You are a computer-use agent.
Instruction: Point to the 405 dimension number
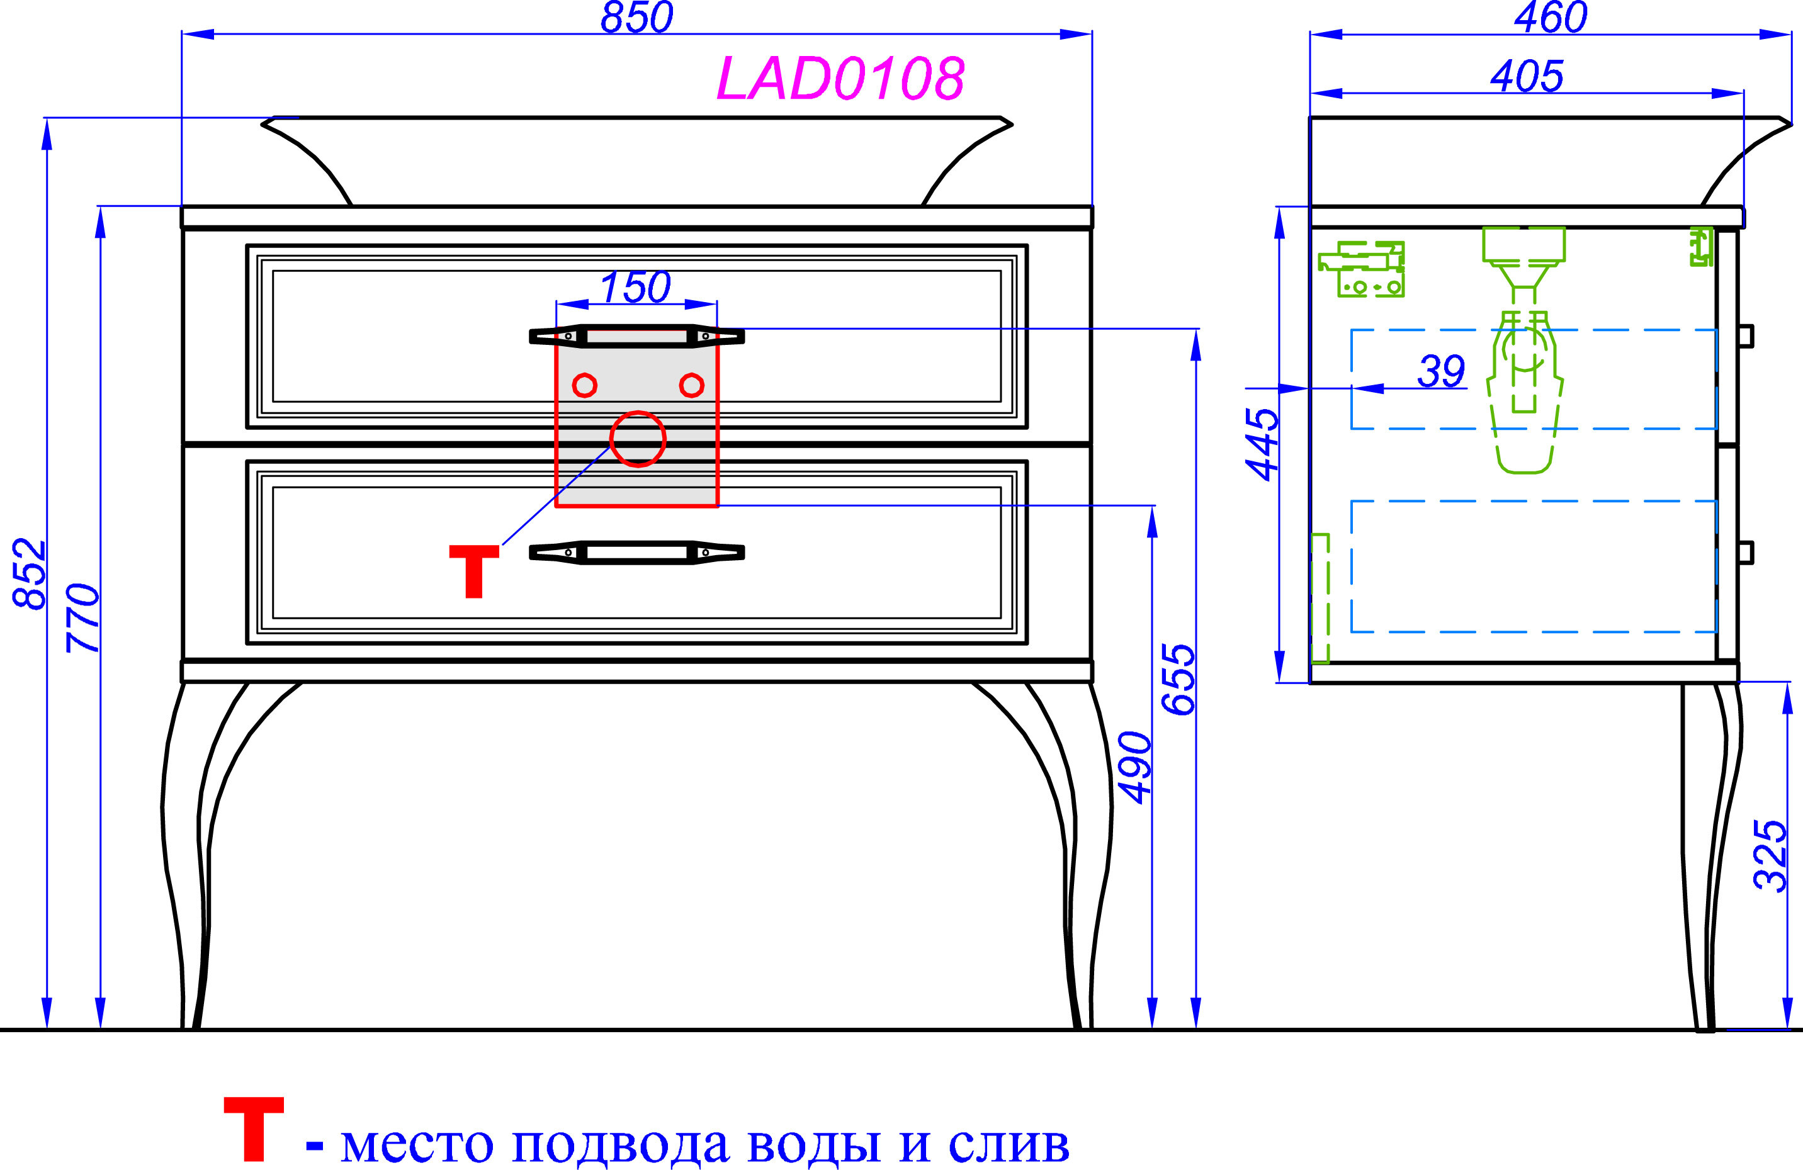pos(1527,76)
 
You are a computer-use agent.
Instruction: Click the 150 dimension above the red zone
pos(635,288)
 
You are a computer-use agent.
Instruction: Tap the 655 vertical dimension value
pos(1178,679)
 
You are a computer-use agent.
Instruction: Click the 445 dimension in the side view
pos(1262,444)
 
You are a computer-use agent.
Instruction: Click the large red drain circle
pos(638,439)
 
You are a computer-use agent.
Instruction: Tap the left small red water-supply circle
pos(584,385)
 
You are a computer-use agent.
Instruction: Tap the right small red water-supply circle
pos(691,385)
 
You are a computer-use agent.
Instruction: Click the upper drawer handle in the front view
pos(636,336)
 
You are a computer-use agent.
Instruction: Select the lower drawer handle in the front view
pos(636,553)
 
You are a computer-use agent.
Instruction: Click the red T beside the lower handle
pos(474,570)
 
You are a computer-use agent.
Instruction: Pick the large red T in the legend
pos(254,1128)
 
